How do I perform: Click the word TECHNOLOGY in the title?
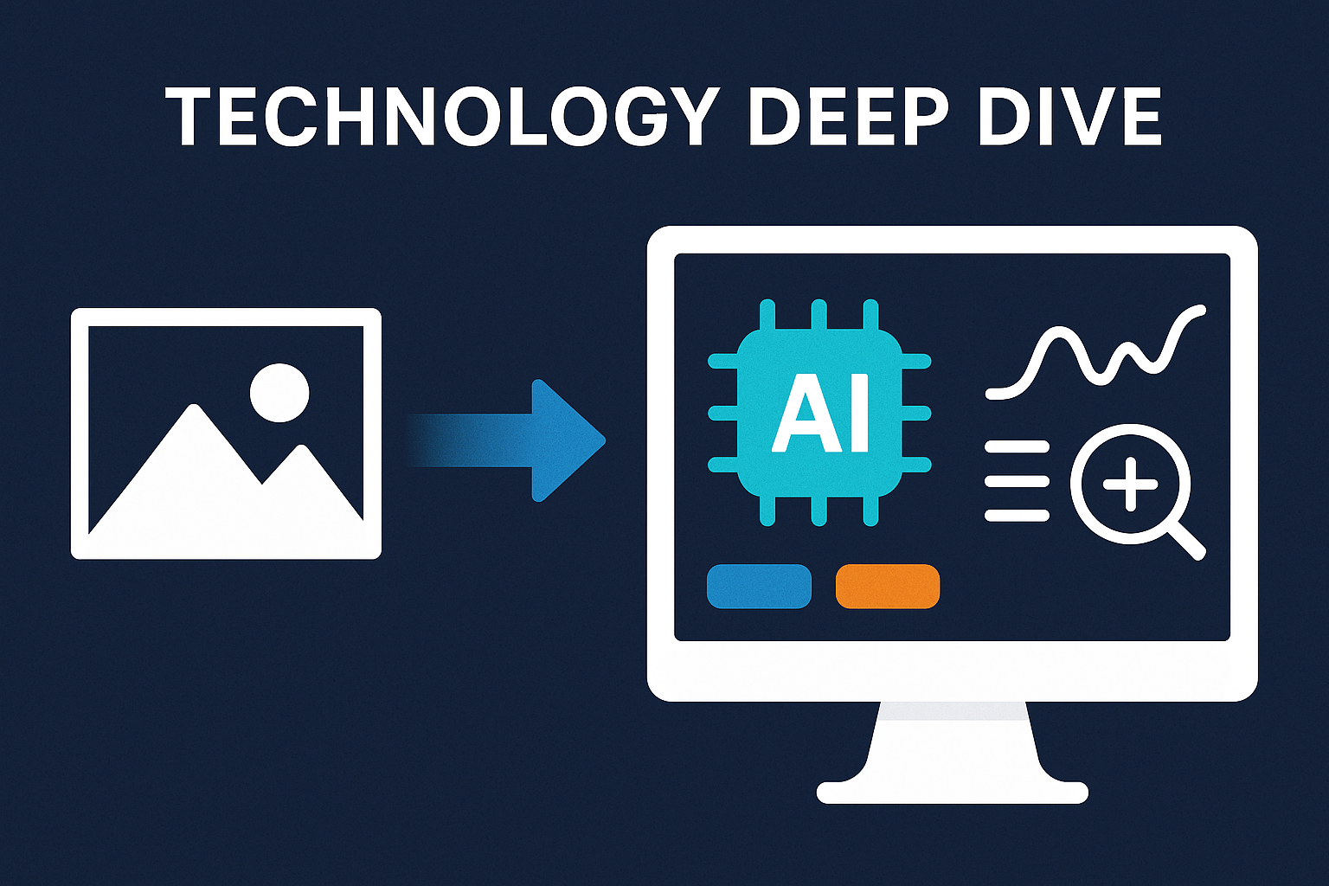click(x=442, y=118)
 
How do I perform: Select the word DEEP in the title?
click(x=849, y=118)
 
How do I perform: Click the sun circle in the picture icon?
click(x=279, y=392)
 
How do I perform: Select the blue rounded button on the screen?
click(x=759, y=586)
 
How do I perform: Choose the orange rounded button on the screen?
click(x=888, y=586)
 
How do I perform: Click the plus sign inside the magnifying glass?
click(x=1130, y=484)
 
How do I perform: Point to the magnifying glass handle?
click(x=1186, y=542)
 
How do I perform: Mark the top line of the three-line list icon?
click(x=1018, y=447)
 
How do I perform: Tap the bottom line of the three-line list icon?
click(x=1018, y=517)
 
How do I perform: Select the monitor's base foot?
click(x=952, y=791)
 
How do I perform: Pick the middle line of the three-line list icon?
click(x=1018, y=482)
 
